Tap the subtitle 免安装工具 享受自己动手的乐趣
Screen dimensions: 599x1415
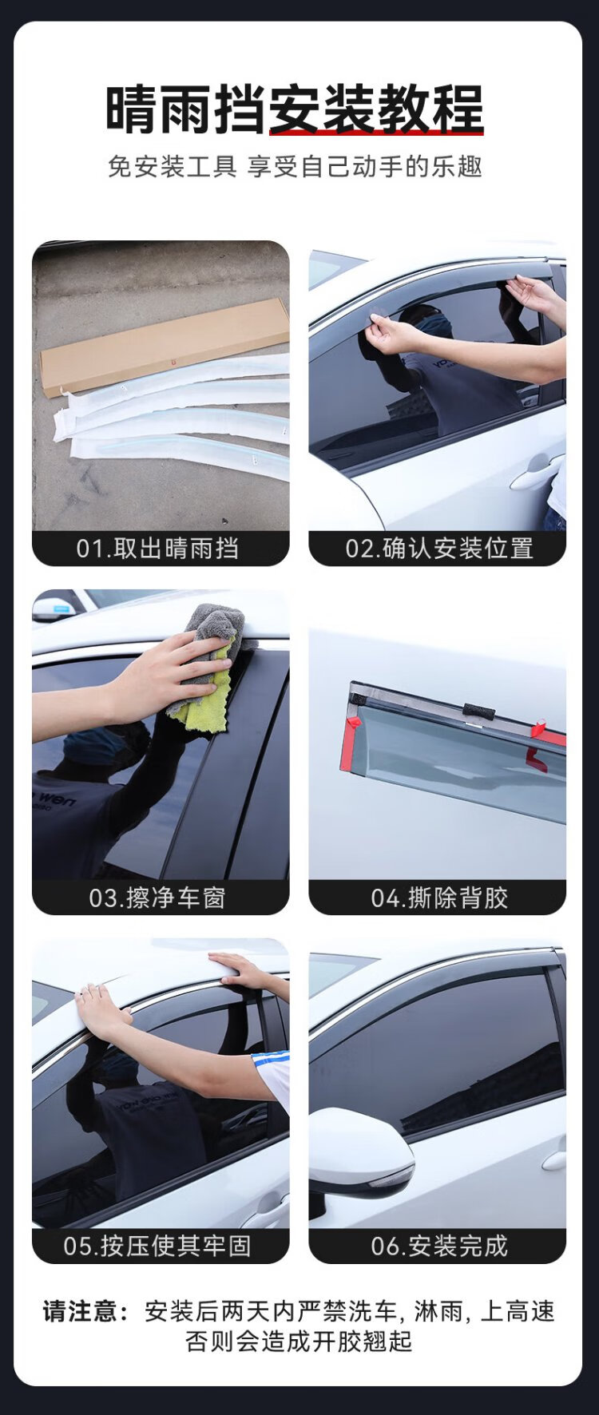click(295, 167)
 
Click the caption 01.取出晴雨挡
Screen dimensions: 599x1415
click(157, 549)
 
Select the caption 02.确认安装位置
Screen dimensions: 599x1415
click(439, 549)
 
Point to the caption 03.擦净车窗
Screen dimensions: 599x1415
click(157, 898)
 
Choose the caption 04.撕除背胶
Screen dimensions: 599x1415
click(439, 898)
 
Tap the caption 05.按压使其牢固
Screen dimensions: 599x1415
click(157, 1246)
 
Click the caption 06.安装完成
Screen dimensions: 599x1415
click(439, 1246)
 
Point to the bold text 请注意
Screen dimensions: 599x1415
click(85, 1311)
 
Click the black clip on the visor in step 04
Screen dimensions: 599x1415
click(478, 711)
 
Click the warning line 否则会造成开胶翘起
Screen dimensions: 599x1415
click(299, 1342)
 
